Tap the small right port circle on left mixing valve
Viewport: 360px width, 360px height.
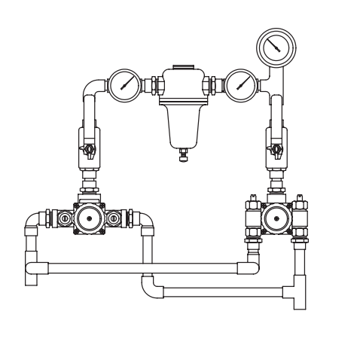coord(114,219)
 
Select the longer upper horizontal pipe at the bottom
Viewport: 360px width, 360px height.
coord(143,267)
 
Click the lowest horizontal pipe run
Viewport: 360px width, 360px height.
coord(226,291)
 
